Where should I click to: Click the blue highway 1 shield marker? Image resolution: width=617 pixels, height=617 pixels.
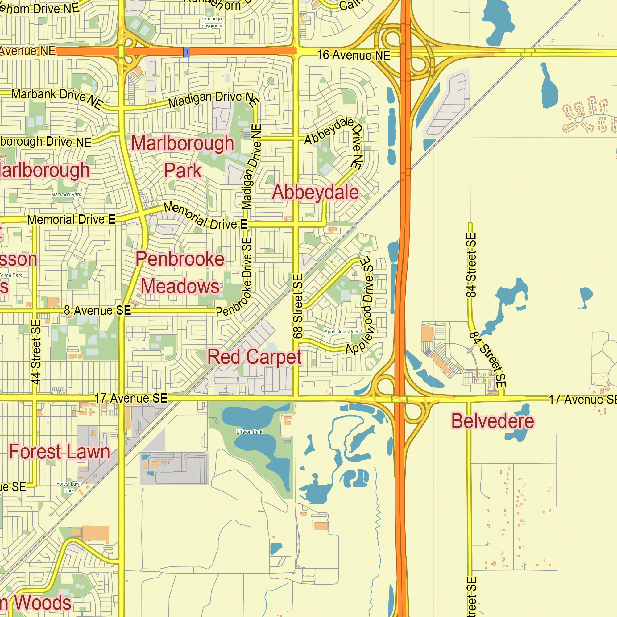point(187,52)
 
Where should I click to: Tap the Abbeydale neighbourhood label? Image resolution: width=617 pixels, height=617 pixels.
point(315,193)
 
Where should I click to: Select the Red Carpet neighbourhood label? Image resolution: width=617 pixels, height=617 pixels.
point(254,357)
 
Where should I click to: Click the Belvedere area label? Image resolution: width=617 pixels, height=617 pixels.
point(492,421)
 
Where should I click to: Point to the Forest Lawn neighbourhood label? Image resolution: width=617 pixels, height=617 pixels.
point(60,452)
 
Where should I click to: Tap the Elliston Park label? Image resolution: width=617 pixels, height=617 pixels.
point(249,432)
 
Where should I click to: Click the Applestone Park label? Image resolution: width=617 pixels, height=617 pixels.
point(342,332)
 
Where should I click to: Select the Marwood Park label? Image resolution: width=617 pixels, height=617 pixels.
point(66,194)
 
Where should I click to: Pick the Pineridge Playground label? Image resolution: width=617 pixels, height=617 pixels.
point(212,22)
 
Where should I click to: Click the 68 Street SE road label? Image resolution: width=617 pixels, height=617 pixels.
point(298,307)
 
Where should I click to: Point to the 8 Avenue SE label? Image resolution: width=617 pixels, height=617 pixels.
point(97,310)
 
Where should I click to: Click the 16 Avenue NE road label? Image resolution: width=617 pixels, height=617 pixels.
point(354,55)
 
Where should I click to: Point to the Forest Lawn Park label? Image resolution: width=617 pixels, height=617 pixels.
point(69,487)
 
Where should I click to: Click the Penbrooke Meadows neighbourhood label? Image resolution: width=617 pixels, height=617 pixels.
point(180,272)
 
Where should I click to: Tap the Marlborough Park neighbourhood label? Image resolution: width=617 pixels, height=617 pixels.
point(183,156)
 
